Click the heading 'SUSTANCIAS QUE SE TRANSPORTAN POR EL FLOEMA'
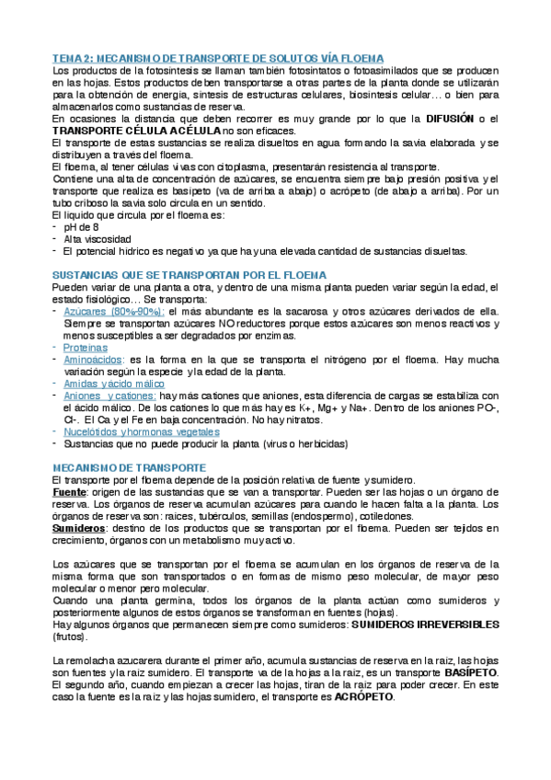pyautogui.click(x=190, y=275)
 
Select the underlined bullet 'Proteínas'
pyautogui.click(x=88, y=348)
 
